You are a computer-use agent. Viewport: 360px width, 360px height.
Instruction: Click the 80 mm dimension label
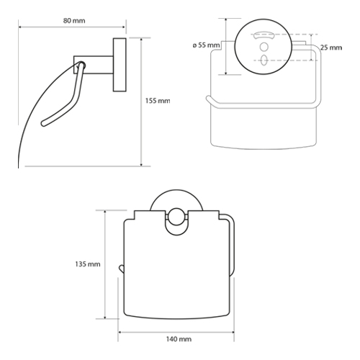coord(74,21)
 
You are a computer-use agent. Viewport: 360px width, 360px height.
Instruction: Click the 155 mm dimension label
coord(158,101)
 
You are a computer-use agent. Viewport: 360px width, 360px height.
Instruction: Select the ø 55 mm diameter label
coord(206,45)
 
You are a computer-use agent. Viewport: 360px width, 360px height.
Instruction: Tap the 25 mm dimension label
coord(331,48)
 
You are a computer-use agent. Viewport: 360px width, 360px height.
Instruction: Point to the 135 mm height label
coord(88,264)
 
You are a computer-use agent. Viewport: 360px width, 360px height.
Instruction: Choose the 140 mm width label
coord(179,339)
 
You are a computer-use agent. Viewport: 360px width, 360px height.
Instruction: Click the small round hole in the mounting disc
coord(264,47)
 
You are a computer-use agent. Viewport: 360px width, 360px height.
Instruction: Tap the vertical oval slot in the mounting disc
coord(264,60)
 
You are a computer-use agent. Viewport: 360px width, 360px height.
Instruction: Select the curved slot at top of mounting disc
coord(264,35)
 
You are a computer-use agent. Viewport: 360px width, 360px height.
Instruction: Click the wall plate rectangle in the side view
coord(120,65)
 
